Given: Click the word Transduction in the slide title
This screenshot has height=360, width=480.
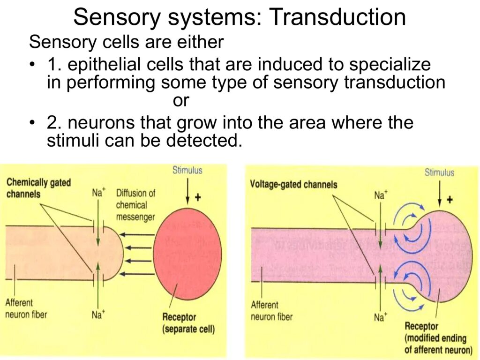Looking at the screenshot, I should pyautogui.click(x=337, y=18).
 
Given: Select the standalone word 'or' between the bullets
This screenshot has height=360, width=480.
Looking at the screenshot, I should pyautogui.click(x=180, y=101).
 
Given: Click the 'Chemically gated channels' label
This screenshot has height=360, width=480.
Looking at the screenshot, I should pyautogui.click(x=38, y=187).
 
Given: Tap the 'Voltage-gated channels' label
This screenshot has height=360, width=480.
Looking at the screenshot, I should pyautogui.click(x=293, y=184).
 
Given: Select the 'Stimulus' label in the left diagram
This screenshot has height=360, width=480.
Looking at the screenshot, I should pyautogui.click(x=187, y=170).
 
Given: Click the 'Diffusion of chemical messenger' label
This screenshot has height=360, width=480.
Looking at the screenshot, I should pyautogui.click(x=135, y=205).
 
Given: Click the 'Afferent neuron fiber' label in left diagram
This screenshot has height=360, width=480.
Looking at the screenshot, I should pyautogui.click(x=26, y=308).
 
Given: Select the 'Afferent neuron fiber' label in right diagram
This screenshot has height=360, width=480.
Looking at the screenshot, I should pyautogui.click(x=271, y=311).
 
